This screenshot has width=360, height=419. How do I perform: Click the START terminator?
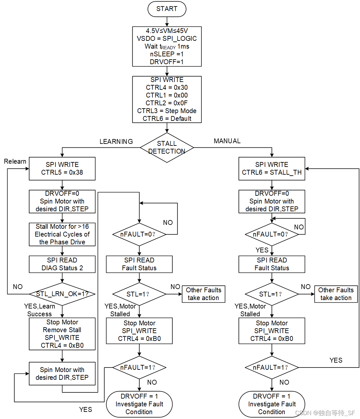coord(167,9)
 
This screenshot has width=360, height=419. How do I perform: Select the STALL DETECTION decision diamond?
coord(167,147)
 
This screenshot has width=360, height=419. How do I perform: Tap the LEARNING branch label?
coord(116,142)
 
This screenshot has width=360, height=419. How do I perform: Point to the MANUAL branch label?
coord(227,141)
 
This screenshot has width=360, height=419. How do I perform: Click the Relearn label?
coord(15,161)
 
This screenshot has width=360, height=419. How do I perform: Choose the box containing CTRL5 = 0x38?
coord(62,169)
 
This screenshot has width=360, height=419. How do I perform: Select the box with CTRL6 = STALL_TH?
coord(272,169)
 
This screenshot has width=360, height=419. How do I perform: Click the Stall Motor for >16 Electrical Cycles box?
coord(62,234)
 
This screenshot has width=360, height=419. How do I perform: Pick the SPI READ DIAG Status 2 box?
coord(62,264)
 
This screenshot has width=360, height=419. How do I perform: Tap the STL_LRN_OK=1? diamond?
coord(62,294)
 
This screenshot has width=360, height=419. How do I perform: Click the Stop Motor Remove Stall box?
coord(62,334)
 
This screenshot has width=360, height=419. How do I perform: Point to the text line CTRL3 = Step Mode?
coord(167,111)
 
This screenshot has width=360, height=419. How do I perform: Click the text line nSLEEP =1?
coord(167,54)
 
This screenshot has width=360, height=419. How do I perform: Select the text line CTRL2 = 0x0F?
coord(167,103)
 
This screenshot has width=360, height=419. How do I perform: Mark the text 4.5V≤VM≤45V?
coord(167,31)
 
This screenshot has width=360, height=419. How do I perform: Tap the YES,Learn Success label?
coord(40,310)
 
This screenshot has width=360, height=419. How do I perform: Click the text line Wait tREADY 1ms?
coord(167,46)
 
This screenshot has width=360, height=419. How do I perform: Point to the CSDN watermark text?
coord(325,413)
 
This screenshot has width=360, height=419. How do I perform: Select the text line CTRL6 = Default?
coord(167,119)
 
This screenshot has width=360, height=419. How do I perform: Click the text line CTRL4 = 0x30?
coord(167,87)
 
